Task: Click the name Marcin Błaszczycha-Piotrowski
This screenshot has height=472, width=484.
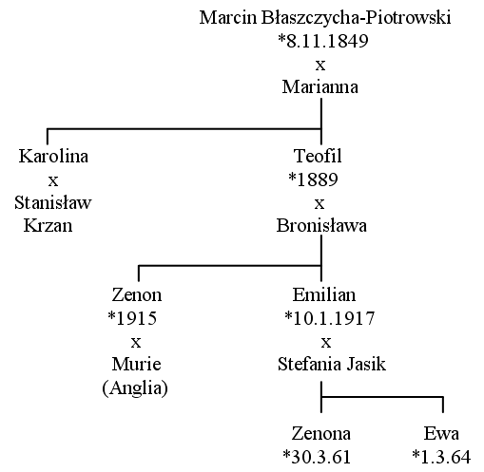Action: [x=325, y=18]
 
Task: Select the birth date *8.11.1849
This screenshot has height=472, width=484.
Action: [x=323, y=41]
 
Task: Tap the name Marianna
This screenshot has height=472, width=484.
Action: [x=320, y=86]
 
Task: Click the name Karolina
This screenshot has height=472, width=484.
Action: [x=53, y=156]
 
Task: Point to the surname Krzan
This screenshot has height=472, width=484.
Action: [x=48, y=226]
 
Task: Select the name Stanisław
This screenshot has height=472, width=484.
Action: [x=53, y=202]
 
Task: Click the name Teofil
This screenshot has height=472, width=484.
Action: [x=318, y=156]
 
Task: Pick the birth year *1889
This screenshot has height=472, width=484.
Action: [x=313, y=179]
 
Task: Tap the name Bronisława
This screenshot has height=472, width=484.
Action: [x=321, y=226]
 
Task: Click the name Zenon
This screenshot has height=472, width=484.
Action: [x=137, y=294]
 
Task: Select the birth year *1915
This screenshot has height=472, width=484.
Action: [x=132, y=318]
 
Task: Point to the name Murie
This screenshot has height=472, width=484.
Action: [x=136, y=364]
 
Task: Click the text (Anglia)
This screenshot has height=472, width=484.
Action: [x=135, y=387]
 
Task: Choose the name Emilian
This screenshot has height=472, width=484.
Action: [x=324, y=294]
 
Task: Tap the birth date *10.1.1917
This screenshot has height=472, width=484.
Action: [x=330, y=318]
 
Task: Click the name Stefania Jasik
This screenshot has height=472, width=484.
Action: [x=332, y=364]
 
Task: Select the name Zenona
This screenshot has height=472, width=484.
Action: [x=321, y=434]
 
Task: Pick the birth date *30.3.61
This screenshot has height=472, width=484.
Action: [x=317, y=457]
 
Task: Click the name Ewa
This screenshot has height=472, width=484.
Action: [x=441, y=434]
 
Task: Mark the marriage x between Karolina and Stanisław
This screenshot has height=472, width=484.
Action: [x=53, y=181]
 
